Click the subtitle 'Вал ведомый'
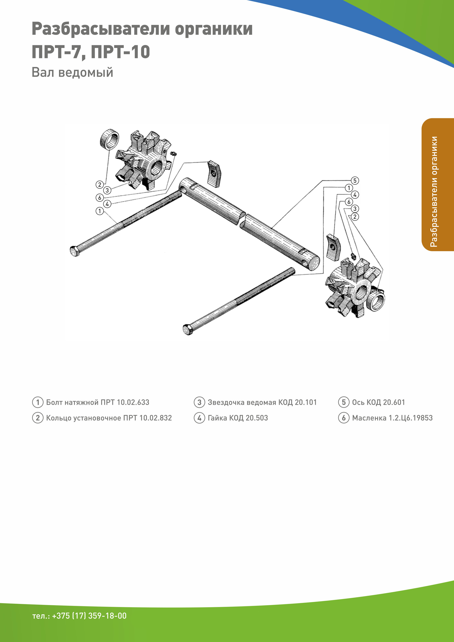coord(72,72)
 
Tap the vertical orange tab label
coord(434,191)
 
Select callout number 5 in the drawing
coord(355,181)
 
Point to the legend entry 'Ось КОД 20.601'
coord(378,402)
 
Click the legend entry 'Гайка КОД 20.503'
coord(238,418)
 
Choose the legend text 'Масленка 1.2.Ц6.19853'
coord(392,418)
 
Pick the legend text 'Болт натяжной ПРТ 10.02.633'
coord(98,402)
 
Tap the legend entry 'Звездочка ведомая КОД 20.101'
coord(262,402)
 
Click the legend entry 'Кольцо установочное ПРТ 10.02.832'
coord(109,418)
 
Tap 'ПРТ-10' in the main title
coord(120,52)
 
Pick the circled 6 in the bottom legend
coord(344,418)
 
